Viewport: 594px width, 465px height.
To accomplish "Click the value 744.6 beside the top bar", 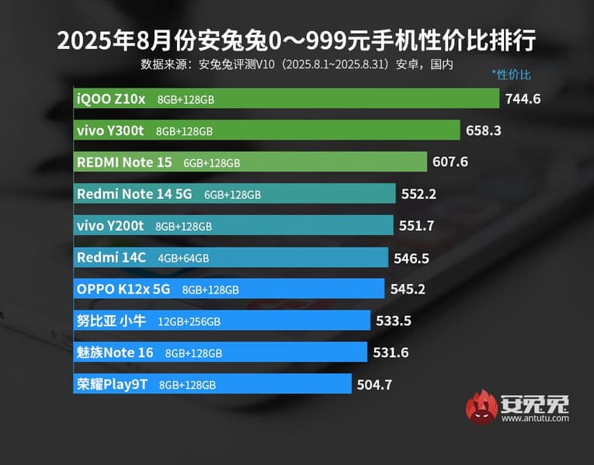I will pyautogui.click(x=523, y=99).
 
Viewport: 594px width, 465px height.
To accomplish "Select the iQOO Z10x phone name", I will pyautogui.click(x=110, y=99).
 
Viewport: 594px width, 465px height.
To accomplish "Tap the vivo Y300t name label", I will pyautogui.click(x=109, y=130).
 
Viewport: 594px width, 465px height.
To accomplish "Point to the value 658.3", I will pyautogui.click(x=484, y=130).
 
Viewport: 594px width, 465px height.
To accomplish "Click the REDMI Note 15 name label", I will pyautogui.click(x=124, y=162).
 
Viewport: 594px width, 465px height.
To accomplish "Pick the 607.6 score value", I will pyautogui.click(x=451, y=162).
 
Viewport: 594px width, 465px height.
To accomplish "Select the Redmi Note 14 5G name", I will pyautogui.click(x=134, y=194).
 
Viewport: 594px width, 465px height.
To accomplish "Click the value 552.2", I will pyautogui.click(x=419, y=194).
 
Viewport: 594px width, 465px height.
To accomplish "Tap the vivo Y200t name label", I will pyautogui.click(x=109, y=225).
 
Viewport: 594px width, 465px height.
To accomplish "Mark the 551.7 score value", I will pyautogui.click(x=416, y=226).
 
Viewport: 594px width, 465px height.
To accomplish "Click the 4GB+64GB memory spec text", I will pyautogui.click(x=183, y=258).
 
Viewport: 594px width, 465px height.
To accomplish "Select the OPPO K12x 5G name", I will pyautogui.click(x=123, y=289).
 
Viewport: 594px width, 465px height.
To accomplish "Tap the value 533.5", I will pyautogui.click(x=394, y=321).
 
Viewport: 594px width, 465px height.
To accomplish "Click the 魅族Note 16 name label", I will pyautogui.click(x=114, y=352).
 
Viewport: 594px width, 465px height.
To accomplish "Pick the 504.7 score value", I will pyautogui.click(x=375, y=383).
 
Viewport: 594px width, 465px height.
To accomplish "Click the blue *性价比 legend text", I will pyautogui.click(x=511, y=75).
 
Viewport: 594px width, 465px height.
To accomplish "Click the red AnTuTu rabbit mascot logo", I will pyautogui.click(x=481, y=407).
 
